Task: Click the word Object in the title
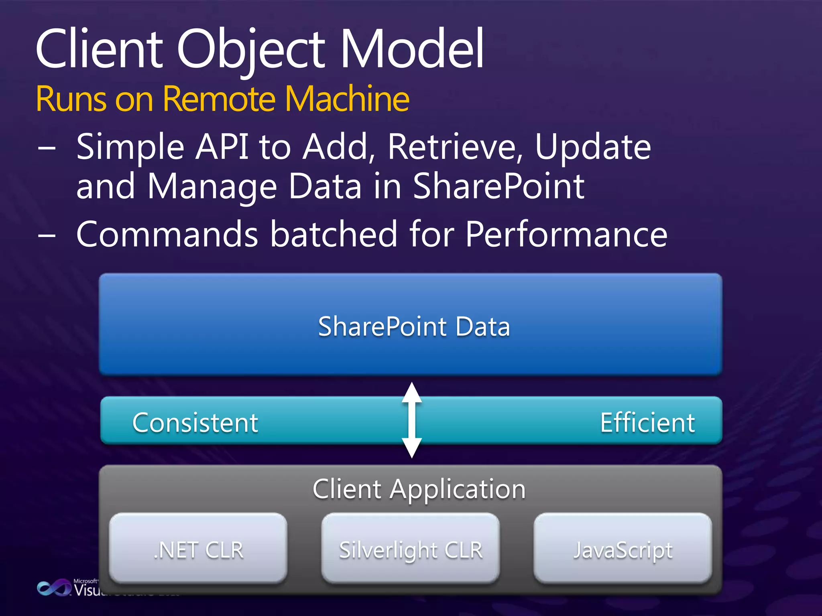[x=250, y=50]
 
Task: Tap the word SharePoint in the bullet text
[x=498, y=186]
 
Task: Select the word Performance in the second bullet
[x=566, y=234]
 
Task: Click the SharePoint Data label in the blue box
[x=414, y=326]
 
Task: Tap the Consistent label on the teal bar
[x=195, y=423]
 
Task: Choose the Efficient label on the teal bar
[x=647, y=423]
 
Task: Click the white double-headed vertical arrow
[x=412, y=420]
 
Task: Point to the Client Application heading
[x=419, y=490]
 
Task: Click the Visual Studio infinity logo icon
[x=53, y=588]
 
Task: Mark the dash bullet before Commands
[x=47, y=235]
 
